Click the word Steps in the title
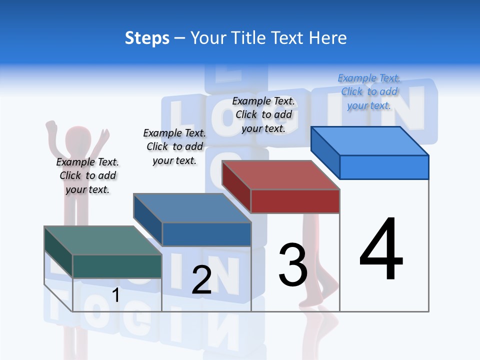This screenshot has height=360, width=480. (147, 38)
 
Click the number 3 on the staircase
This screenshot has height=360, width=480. (293, 264)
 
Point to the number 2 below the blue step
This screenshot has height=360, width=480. (201, 280)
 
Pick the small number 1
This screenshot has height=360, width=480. (115, 295)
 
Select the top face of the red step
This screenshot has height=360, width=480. (280, 175)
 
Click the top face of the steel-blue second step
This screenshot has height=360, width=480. (192, 208)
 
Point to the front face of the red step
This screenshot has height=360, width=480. (295, 201)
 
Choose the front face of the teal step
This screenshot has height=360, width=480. (117, 266)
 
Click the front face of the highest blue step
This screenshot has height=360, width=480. (384, 167)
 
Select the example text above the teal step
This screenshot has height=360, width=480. (87, 175)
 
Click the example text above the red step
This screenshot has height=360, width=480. (263, 114)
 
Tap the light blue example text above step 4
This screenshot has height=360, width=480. (369, 91)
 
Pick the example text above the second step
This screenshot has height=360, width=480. (174, 146)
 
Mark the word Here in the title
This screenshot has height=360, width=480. (328, 38)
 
